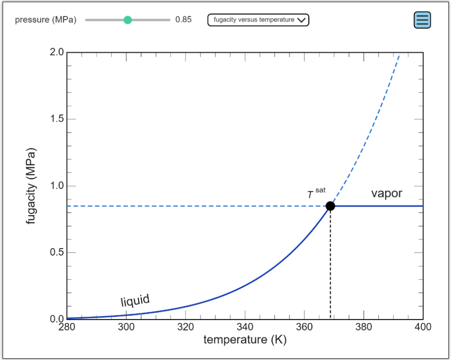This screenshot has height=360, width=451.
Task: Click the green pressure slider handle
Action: coord(128,20)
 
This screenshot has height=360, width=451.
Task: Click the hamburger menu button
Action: coord(422,20)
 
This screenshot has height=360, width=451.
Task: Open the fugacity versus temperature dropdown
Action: coord(258,20)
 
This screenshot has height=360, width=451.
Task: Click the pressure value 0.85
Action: coord(183,20)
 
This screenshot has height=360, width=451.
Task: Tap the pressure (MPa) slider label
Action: coord(45,20)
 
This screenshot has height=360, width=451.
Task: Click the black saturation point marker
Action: coord(330,206)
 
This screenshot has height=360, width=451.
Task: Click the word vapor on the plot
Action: coord(386,193)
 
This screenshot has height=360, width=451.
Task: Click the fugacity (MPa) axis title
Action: coord(31,186)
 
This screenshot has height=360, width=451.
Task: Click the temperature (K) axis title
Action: coord(245,340)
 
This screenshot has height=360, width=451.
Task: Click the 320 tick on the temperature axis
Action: coord(185,327)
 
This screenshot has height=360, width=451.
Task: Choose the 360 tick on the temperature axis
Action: coord(304,327)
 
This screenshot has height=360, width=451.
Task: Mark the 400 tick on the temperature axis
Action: coord(423,327)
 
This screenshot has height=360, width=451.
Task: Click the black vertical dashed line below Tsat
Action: coord(330,264)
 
